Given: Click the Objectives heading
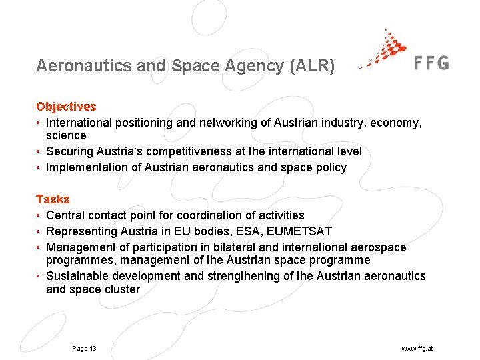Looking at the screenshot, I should [66, 107].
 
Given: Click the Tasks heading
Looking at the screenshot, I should [53, 199].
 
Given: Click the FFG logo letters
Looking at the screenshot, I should [431, 63].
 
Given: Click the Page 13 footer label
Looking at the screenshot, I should [84, 349].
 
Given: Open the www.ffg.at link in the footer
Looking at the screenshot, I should [417, 349].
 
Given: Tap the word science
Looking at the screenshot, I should [66, 135].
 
